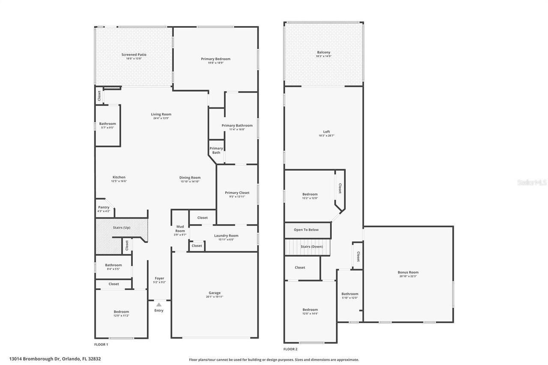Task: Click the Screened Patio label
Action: coord(134,55)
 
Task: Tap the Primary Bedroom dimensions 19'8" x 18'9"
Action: coord(216,63)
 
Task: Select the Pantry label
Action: coord(104,207)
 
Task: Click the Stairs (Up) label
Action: coord(122,228)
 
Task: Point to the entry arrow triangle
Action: coord(159,305)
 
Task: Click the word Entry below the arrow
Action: coord(159,311)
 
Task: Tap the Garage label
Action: coord(214,293)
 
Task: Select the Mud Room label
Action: coord(180,228)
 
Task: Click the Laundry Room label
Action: coord(226,235)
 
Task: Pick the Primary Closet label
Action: coord(237,193)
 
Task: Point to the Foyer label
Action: coord(159,278)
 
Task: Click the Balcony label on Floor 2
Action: coord(324,52)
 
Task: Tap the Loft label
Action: coord(326,132)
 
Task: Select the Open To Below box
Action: coord(307,230)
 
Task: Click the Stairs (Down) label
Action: coord(312,246)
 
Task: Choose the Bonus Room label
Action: coord(408,272)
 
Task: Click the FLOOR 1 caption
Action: coord(101,344)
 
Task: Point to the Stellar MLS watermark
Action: coord(532,182)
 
